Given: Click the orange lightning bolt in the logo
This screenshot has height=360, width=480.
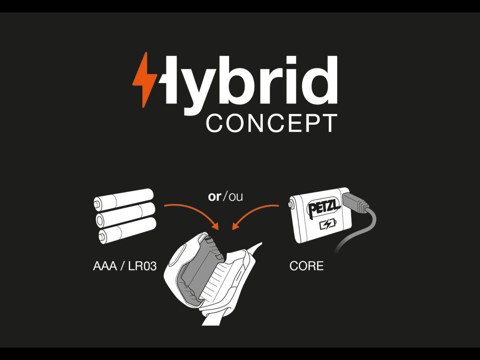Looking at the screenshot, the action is tap(144, 80).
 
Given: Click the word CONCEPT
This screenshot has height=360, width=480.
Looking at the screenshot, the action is tap(271, 123).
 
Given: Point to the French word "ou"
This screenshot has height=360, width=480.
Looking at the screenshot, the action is tap(236, 197).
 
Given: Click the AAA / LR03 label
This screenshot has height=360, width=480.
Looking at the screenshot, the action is tap(125, 266).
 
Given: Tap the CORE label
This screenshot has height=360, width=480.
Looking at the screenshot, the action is tap(306, 266).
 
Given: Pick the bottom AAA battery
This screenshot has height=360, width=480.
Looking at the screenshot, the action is tap(127, 231).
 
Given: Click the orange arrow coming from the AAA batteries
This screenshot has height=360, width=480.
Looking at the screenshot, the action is tap(192, 211).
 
